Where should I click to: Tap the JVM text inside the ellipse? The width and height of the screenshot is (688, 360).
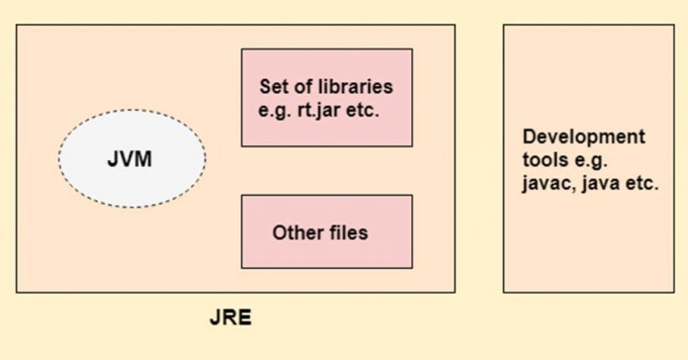pyautogui.click(x=130, y=159)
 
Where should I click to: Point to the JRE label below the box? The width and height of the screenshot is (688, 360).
pyautogui.click(x=230, y=318)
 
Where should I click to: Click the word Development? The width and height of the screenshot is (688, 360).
pyautogui.click(x=584, y=136)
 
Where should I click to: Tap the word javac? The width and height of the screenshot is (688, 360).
pyautogui.click(x=547, y=182)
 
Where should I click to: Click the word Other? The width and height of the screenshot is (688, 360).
pyautogui.click(x=295, y=233)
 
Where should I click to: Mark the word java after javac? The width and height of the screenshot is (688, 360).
pyautogui.click(x=602, y=182)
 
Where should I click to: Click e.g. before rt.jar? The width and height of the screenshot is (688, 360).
pyautogui.click(x=275, y=107)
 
